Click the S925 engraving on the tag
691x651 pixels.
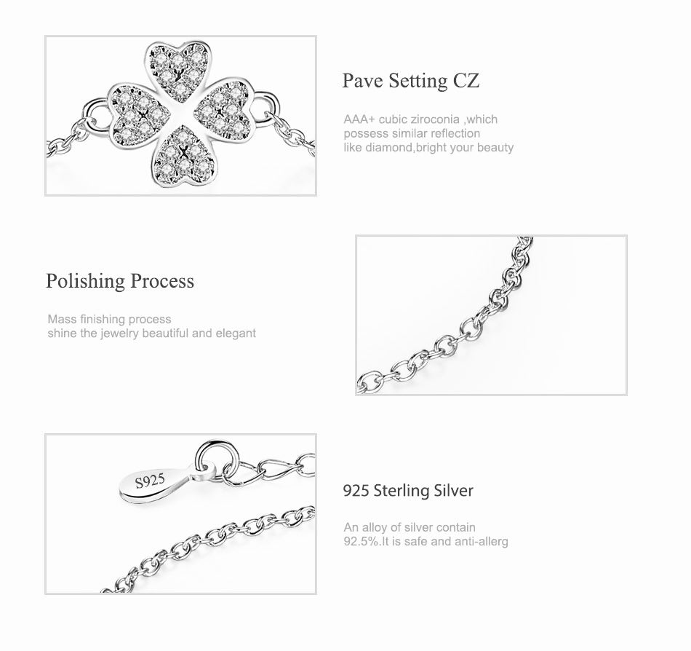[150, 481]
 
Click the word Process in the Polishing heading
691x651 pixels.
[162, 281]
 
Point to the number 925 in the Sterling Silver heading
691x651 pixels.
[356, 491]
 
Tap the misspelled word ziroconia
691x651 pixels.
[435, 119]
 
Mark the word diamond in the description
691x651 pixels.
[389, 147]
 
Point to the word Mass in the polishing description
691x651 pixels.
[62, 320]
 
